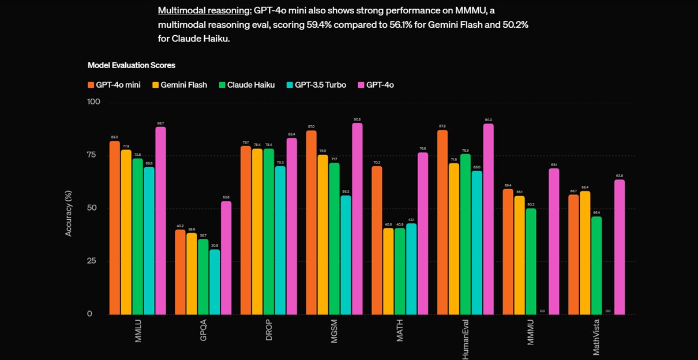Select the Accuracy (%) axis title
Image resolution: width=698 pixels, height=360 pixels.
[69, 213]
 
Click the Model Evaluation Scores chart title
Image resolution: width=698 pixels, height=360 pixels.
[132, 65]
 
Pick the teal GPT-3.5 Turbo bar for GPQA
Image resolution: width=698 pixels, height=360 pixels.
[215, 282]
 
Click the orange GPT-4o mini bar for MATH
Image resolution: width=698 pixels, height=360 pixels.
[377, 240]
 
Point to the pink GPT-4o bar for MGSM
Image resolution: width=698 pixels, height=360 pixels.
[357, 219]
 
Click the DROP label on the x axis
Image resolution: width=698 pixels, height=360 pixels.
[269, 330]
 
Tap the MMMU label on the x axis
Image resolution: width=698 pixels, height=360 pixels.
[531, 331]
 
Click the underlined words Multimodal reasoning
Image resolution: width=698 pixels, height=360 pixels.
[205, 10]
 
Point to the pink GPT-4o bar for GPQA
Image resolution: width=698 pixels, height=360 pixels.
[226, 257]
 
